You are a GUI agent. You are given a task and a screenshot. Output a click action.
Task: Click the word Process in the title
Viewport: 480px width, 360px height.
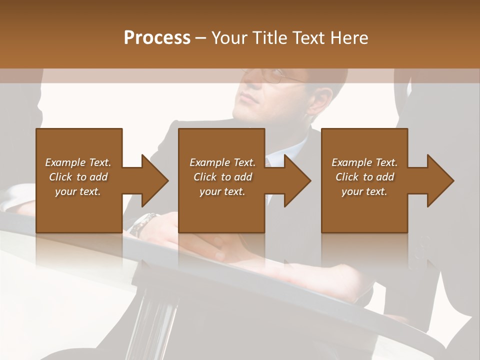(157, 37)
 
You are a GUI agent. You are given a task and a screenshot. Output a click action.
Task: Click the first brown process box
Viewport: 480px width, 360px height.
(79, 210)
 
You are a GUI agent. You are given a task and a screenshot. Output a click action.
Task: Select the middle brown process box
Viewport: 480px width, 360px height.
(221, 210)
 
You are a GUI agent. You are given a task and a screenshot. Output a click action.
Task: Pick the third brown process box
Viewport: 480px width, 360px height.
(364, 210)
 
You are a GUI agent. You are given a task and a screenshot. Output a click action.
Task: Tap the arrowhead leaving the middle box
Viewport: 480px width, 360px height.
(297, 180)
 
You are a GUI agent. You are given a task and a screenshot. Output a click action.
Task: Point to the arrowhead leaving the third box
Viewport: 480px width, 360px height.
(440, 180)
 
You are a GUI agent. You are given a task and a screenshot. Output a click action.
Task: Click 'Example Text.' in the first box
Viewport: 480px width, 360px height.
(78, 162)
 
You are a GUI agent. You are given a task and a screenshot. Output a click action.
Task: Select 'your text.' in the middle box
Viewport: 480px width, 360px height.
(222, 191)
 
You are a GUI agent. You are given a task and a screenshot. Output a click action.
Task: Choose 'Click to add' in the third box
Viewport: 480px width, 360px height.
(365, 177)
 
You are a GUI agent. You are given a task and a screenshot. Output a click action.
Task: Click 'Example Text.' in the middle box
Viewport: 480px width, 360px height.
(222, 162)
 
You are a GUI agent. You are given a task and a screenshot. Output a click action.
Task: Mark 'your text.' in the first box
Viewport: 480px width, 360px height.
(78, 191)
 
